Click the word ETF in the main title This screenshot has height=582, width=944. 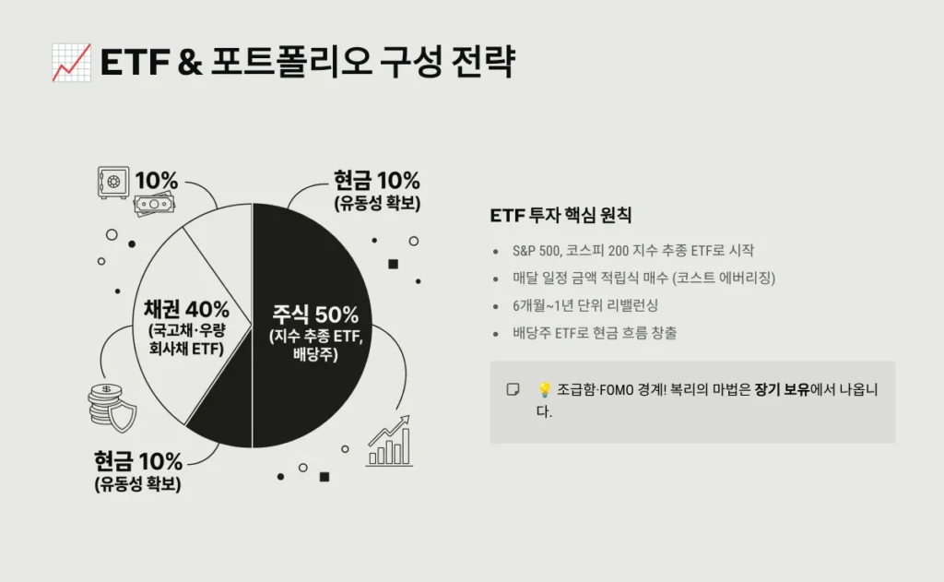[x=134, y=63]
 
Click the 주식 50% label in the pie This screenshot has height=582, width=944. [x=315, y=313]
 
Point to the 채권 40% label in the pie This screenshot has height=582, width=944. [x=187, y=308]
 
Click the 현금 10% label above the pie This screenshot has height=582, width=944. [x=376, y=180]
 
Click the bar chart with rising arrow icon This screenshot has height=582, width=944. [x=388, y=442]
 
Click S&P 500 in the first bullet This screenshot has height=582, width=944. [x=536, y=250]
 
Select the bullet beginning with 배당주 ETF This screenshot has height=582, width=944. [x=595, y=333]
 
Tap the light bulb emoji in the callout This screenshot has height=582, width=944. [x=544, y=390]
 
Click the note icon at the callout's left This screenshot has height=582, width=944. [x=513, y=390]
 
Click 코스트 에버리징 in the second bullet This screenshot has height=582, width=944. [x=728, y=278]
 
